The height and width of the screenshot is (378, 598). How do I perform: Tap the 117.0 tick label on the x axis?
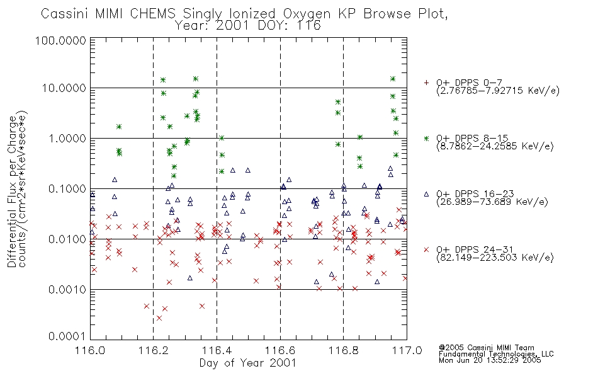[407, 350]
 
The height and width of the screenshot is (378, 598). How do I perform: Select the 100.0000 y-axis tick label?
[60, 40]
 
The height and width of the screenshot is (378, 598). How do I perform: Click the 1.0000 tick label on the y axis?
[67, 138]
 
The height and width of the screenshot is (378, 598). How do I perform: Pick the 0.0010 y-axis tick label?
[67, 290]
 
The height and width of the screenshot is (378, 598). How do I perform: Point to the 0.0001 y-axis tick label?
[67, 336]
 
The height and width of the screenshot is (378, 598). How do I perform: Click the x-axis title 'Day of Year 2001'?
[248, 363]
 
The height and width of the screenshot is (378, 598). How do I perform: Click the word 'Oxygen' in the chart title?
[307, 14]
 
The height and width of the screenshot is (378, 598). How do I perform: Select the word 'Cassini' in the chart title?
[64, 14]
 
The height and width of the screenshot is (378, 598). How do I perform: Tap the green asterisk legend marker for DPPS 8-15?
[426, 139]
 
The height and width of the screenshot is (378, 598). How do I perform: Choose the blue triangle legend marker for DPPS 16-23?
[426, 194]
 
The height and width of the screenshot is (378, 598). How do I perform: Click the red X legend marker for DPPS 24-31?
[426, 249]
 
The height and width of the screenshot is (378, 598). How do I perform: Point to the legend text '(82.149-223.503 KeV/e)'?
[495, 258]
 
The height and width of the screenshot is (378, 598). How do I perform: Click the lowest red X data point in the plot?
[159, 318]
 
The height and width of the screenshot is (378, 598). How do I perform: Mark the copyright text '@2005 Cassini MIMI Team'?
[487, 348]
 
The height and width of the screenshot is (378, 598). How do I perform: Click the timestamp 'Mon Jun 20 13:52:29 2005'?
[490, 360]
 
